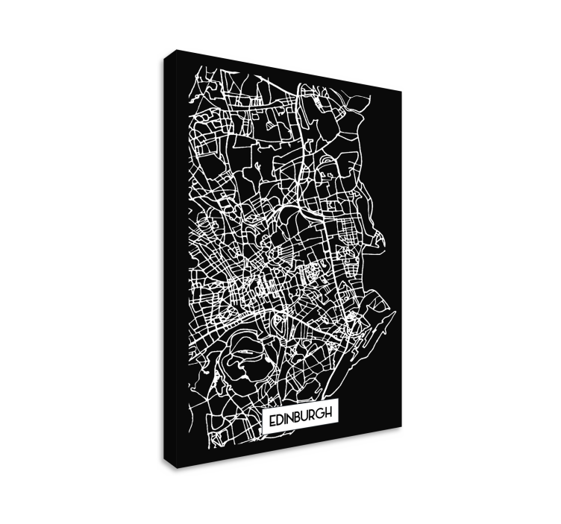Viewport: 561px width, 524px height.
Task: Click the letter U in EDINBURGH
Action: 307,416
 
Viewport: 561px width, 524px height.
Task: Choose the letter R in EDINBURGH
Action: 315,415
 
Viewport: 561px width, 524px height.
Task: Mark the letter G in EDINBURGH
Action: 324,414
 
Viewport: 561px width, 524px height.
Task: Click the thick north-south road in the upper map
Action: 302,149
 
